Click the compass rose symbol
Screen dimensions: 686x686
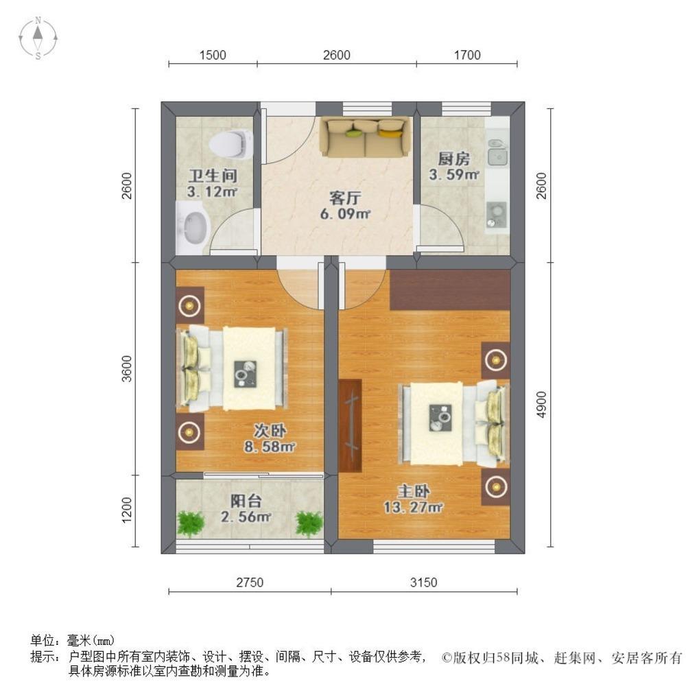coord(38,38)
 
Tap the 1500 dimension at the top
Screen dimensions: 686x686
coord(213,55)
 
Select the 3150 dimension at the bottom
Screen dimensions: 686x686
coord(423,582)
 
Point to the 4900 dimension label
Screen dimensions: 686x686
coord(542,404)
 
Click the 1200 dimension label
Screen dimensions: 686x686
coord(126,510)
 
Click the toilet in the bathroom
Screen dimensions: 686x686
coord(231,143)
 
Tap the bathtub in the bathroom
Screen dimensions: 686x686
coord(193,228)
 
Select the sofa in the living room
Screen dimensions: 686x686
coord(366,137)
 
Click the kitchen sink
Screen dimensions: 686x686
coord(497,153)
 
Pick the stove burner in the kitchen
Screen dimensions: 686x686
coord(497,215)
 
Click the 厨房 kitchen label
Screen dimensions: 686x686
coord(453,158)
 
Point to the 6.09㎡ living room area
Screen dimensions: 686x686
coord(345,214)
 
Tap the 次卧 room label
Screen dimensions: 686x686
coord(270,431)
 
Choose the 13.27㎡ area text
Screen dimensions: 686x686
coord(413,507)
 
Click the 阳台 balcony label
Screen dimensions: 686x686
coord(246,501)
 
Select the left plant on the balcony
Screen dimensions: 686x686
coord(190,523)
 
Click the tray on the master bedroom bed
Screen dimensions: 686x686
coord(440,417)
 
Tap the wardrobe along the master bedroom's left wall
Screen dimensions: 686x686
coord(350,425)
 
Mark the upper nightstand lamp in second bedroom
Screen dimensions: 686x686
coord(189,305)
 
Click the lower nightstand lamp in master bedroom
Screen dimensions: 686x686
coord(496,486)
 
